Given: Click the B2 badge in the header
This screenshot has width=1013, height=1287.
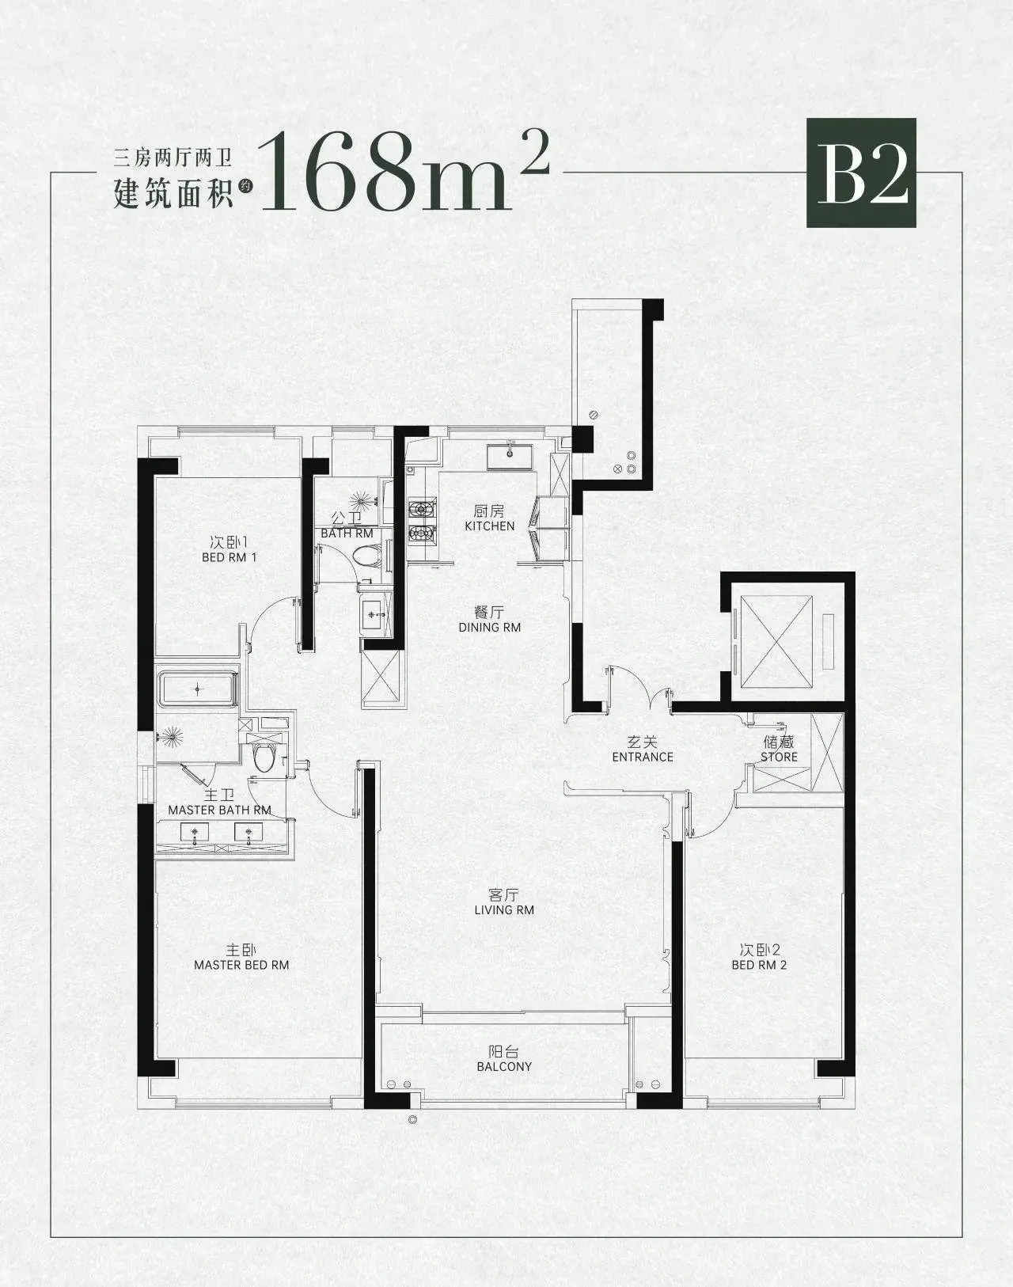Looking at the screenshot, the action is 861,173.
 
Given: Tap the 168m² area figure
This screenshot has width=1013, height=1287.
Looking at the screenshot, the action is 404,172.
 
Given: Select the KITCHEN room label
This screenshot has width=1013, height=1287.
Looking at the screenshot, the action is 490,526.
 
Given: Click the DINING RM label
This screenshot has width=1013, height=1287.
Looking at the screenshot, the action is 490,628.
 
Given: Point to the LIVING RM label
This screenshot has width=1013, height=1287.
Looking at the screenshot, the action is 504,909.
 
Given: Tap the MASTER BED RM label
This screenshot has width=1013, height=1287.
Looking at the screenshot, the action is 241,965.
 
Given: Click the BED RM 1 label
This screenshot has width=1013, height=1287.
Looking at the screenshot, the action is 229,557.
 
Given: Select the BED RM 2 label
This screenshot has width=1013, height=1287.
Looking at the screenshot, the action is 759,965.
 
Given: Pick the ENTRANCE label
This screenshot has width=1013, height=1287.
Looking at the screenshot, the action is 643,757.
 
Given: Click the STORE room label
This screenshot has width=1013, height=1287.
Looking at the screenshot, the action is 780,757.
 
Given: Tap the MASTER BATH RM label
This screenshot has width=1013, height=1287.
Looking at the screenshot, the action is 219,810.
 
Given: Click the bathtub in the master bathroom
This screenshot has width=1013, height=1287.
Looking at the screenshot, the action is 198,689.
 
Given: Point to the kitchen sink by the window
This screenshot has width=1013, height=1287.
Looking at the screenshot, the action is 510,457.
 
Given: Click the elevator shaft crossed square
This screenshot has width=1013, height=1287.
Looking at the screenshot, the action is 776,642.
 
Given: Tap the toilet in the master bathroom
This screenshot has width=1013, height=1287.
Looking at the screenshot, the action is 263,757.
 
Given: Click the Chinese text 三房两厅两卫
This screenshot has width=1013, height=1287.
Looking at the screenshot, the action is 173,158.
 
